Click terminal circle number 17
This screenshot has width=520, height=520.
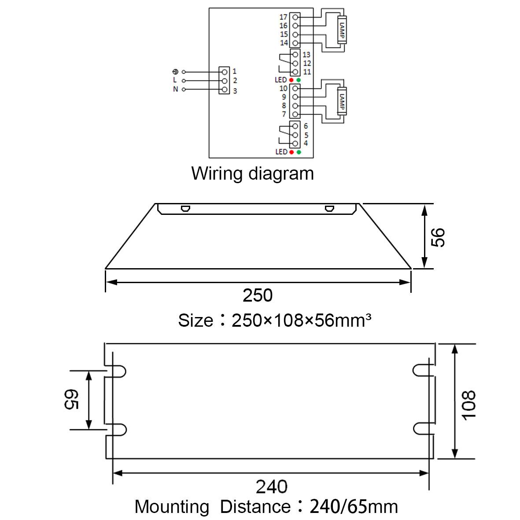pyautogui.click(x=295, y=17)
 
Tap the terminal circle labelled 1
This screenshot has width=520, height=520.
pyautogui.click(x=225, y=72)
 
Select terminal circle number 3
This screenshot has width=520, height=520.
pyautogui.click(x=225, y=89)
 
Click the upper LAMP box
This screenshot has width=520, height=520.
pyautogui.click(x=342, y=30)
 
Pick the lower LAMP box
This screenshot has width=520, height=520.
pyautogui.click(x=342, y=101)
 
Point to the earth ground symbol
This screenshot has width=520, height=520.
pyautogui.click(x=175, y=72)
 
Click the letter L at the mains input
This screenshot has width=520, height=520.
pyautogui.click(x=175, y=80)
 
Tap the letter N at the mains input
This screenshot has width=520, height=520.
pyautogui.click(x=175, y=89)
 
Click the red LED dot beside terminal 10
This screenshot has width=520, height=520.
pyautogui.click(x=291, y=80)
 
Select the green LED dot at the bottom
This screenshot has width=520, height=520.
pyautogui.click(x=299, y=152)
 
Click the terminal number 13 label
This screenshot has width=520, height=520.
pyautogui.click(x=306, y=55)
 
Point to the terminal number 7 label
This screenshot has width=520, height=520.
pyautogui.click(x=284, y=114)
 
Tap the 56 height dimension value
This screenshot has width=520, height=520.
pyautogui.click(x=438, y=237)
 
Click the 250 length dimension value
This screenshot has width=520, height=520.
pyautogui.click(x=258, y=295)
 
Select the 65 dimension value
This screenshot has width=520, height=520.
pyautogui.click(x=71, y=399)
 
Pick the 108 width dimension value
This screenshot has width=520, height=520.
pyautogui.click(x=469, y=406)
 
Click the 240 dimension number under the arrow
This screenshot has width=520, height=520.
pyautogui.click(x=272, y=487)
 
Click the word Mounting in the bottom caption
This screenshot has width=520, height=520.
pyautogui.click(x=172, y=507)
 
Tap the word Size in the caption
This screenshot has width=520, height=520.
pyautogui.click(x=195, y=321)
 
